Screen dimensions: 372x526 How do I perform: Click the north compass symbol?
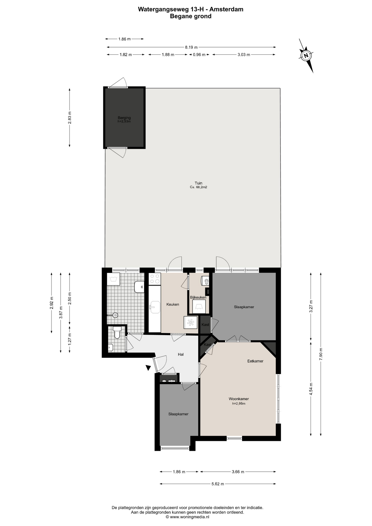[306, 56]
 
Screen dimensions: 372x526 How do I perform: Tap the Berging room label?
[124, 118]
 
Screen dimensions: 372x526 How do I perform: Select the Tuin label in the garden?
[198, 183]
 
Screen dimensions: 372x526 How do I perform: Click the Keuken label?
[173, 304]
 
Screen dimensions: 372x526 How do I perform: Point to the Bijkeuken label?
[198, 297]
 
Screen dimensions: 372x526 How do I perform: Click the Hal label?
[181, 355]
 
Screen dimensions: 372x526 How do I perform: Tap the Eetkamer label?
[255, 361]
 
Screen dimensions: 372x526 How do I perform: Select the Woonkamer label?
[239, 399]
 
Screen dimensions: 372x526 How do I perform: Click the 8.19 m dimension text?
[191, 47]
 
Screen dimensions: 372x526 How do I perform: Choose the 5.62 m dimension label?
[218, 484]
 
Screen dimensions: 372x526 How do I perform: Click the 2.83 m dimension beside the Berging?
[70, 118]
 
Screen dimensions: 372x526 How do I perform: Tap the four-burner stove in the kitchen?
[154, 279]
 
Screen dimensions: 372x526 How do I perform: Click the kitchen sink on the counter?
[155, 307]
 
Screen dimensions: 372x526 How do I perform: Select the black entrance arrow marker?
[148, 368]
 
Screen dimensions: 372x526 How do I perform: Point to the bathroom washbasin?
[139, 287]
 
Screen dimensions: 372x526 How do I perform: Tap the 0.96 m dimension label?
[199, 55]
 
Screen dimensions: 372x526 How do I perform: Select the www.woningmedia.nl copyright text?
[187, 517]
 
